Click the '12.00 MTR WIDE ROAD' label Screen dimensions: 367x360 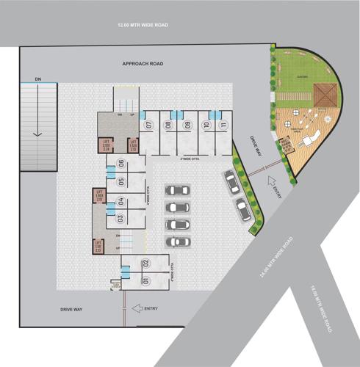(x=143, y=25)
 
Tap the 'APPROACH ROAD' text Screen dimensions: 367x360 (x=143, y=64)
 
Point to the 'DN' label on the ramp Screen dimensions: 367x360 (x=37, y=78)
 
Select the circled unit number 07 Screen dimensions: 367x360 (x=148, y=125)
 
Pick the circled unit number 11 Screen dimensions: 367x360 (x=223, y=125)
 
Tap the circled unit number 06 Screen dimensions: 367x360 (x=120, y=163)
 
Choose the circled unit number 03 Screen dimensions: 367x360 (x=120, y=218)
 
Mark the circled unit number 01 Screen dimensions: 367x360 (x=146, y=280)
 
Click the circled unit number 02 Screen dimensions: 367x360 (x=146, y=263)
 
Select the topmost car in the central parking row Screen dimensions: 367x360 (x=176, y=190)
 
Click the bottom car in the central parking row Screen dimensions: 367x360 (x=176, y=241)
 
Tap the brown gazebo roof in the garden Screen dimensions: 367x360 (x=324, y=94)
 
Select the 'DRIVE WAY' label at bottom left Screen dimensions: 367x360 (x=72, y=310)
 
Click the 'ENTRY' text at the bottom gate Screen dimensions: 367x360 (x=151, y=308)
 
